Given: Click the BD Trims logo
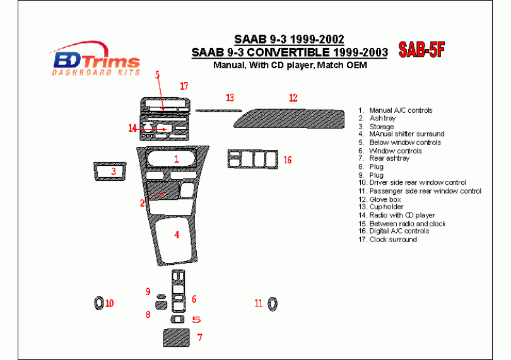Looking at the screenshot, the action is pos(95,59).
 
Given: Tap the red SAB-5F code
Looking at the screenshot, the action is pos(421,50).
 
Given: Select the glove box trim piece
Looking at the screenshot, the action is pos(289,119).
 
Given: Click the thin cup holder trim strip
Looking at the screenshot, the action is pos(218,111).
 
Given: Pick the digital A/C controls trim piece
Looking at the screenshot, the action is pos(253,160).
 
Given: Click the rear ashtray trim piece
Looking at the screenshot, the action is pos(176,338).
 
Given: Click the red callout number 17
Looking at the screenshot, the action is pos(184,86).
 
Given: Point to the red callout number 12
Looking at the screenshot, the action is pos(293,98).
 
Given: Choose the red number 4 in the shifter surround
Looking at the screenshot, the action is pos(177,235).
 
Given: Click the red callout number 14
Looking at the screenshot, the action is pos(132,129).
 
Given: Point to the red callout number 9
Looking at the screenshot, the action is pos(148,291).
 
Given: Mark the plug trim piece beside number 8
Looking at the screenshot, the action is pos(162,305).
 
